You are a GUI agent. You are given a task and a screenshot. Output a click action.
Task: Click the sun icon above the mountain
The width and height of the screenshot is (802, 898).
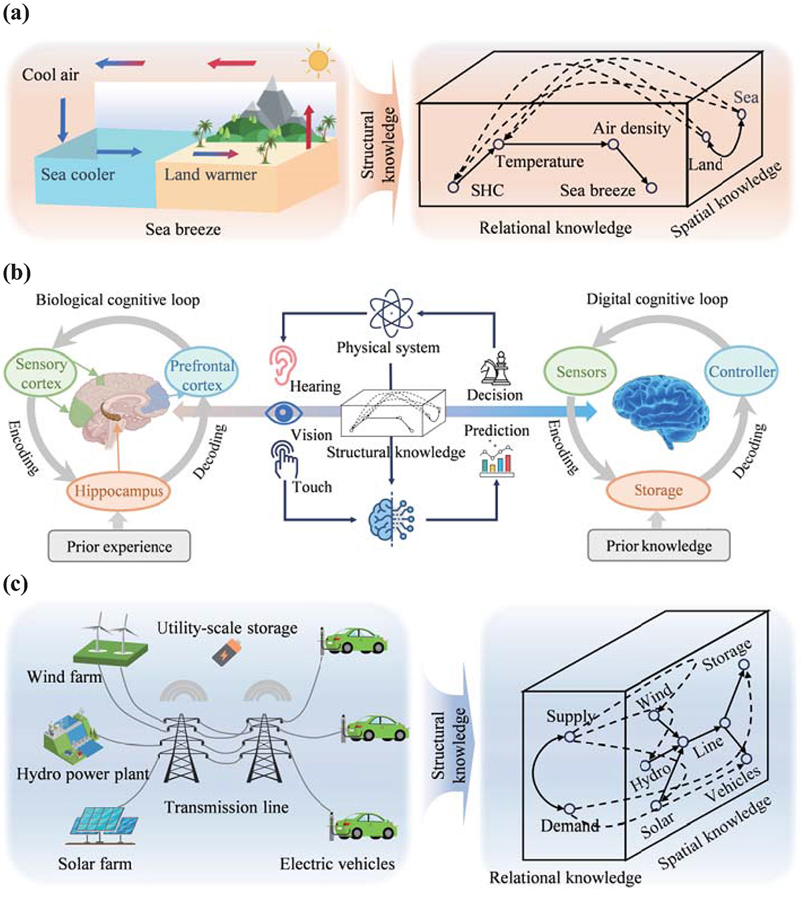coord(318,61)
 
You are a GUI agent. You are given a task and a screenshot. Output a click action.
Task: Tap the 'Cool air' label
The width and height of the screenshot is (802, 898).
coord(50,75)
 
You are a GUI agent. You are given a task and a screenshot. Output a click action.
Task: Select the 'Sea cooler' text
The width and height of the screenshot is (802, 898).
coord(78,174)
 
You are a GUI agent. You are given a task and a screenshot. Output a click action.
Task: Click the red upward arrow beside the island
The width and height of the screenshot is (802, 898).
coord(309,127)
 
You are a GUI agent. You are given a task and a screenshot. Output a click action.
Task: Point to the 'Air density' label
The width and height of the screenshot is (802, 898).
coord(632,128)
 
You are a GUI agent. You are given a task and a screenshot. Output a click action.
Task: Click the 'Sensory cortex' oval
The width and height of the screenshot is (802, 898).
coord(41,373)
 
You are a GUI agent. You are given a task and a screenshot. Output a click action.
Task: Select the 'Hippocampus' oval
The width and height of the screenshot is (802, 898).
coord(118,491)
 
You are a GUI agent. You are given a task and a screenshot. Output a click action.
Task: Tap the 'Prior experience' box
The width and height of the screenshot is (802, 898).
coord(119,547)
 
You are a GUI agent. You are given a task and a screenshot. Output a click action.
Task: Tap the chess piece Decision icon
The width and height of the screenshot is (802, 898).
coord(495,368)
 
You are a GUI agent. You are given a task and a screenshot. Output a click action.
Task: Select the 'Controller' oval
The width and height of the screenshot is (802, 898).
coord(742,371)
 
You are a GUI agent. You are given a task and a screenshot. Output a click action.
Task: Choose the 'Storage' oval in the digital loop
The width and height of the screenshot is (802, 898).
coord(658,490)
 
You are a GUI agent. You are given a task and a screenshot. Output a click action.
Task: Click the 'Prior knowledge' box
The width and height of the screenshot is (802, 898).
coord(658,546)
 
